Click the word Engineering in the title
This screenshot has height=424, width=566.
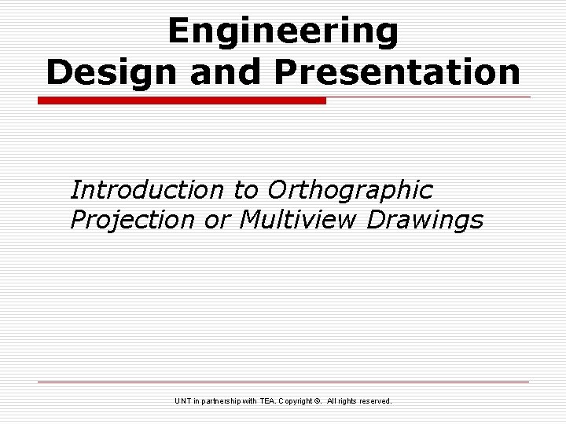[x=283, y=31]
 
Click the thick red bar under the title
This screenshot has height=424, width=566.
[x=182, y=101]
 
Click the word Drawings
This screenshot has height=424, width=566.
[x=425, y=221]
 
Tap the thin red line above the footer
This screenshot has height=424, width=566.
[x=283, y=382]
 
